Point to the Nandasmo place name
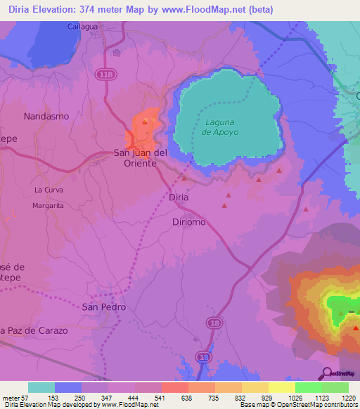46,115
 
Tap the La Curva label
49,190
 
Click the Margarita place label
49,206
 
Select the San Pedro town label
104,307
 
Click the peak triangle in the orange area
145,121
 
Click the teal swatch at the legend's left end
41,387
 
